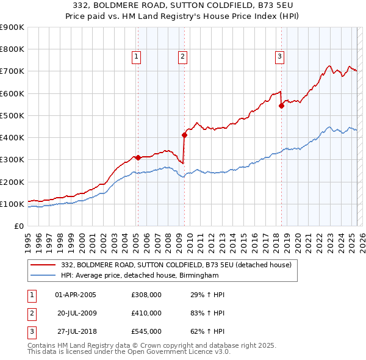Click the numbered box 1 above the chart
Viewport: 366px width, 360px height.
[136, 57]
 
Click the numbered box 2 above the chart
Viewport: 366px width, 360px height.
[183, 57]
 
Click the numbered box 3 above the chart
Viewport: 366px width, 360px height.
[279, 57]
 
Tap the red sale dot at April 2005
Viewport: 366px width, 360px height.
[138, 157]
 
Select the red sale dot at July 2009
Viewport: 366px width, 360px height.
[184, 135]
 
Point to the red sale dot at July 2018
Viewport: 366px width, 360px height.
[281, 106]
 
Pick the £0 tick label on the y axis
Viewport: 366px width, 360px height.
[19, 226]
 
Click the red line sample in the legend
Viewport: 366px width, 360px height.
[43, 265]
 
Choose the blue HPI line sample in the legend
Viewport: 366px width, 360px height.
[43, 275]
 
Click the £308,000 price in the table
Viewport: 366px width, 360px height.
[146, 295]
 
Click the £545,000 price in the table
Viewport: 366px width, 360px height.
[146, 331]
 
